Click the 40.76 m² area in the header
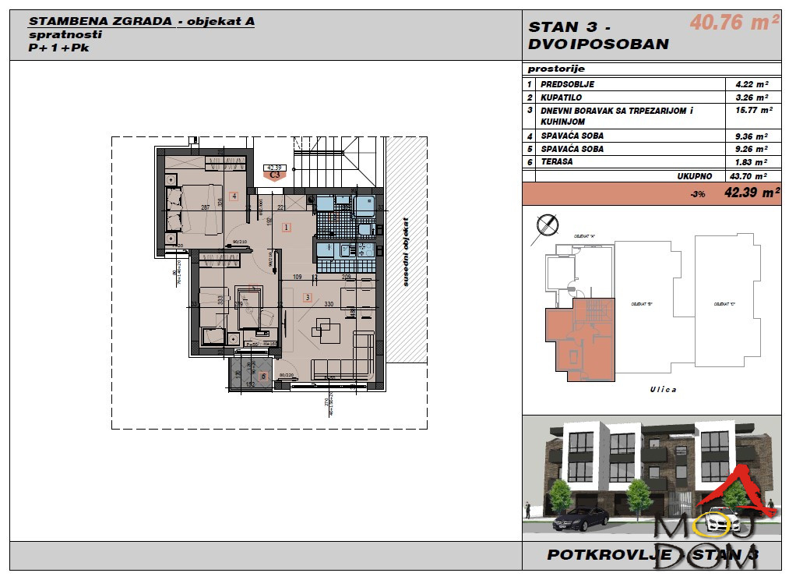(734, 23)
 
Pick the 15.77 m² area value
(752, 111)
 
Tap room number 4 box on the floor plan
(234, 196)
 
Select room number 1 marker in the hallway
(287, 228)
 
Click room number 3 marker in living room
(308, 297)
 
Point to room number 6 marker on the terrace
(263, 377)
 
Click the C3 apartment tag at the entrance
(274, 175)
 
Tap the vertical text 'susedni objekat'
(405, 251)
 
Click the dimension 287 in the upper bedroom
(206, 207)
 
